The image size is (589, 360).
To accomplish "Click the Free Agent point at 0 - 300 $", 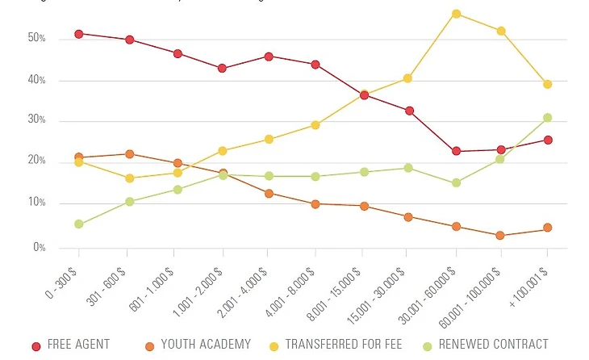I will click(x=79, y=34).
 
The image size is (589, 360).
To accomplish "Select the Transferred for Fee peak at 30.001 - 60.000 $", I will click(x=456, y=14).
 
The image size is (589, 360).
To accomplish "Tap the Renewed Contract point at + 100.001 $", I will click(x=547, y=118).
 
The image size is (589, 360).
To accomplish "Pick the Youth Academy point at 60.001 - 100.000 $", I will click(x=501, y=236).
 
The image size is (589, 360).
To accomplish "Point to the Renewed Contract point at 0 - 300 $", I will click(x=79, y=224).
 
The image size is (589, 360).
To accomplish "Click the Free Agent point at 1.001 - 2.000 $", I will click(x=222, y=69).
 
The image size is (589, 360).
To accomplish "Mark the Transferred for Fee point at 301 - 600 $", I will click(x=129, y=178).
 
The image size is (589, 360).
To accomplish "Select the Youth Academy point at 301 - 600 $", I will click(x=129, y=154).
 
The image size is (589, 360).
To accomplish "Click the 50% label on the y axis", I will click(x=36, y=39).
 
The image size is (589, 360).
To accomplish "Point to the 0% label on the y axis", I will click(x=39, y=248).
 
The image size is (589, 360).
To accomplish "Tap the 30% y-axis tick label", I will click(x=36, y=121).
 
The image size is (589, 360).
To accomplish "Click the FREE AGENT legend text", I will click(x=78, y=345).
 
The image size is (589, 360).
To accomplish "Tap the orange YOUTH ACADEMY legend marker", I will click(x=148, y=346).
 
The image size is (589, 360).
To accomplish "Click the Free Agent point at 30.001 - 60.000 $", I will click(x=456, y=151).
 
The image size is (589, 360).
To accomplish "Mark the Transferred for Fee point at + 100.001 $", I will click(x=547, y=84).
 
